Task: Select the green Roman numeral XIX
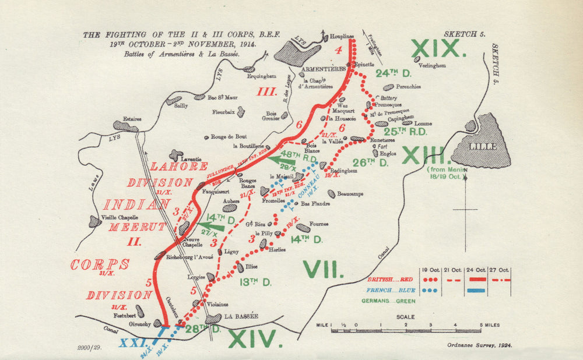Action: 439,49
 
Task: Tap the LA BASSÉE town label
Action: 241,316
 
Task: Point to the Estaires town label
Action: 132,119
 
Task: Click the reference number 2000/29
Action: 89,348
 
